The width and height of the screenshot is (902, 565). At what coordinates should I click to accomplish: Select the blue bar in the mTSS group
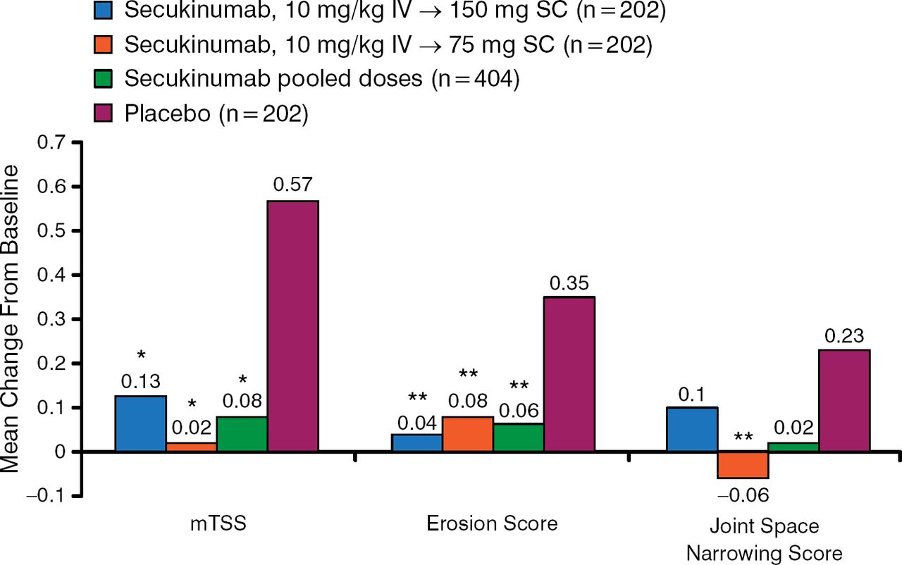pyautogui.click(x=140, y=424)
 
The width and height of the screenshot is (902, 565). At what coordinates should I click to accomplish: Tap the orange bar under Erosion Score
pyautogui.click(x=467, y=434)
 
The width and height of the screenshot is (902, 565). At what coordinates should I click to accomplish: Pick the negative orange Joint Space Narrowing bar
pyautogui.click(x=743, y=465)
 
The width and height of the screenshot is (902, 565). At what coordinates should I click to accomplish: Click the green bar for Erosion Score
pyautogui.click(x=518, y=437)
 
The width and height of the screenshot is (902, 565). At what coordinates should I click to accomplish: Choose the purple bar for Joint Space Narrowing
pyautogui.click(x=844, y=400)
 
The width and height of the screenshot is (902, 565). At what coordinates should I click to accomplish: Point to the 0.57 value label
pyautogui.click(x=292, y=185)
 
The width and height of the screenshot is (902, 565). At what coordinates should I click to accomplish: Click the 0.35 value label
pyautogui.click(x=569, y=282)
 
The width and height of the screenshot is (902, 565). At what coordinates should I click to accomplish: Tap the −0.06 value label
pyautogui.click(x=742, y=496)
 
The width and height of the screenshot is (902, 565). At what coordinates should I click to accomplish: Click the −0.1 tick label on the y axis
pyautogui.click(x=41, y=496)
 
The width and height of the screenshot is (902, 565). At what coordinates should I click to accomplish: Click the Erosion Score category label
pyautogui.click(x=492, y=523)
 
